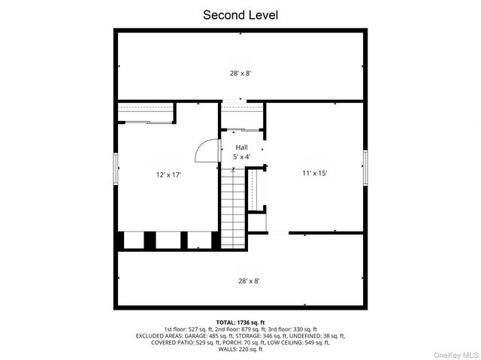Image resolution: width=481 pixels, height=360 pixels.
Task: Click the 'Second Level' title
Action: point(240,14)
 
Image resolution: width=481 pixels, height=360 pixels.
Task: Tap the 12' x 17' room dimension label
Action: point(168,174)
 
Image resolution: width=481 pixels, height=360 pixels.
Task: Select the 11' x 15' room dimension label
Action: point(314,173)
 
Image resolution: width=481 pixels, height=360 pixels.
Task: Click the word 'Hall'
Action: point(241,147)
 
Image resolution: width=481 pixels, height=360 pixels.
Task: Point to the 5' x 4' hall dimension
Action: point(241,156)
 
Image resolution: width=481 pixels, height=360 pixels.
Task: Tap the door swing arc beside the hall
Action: point(205,151)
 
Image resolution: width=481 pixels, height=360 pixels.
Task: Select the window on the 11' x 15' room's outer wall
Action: point(366,167)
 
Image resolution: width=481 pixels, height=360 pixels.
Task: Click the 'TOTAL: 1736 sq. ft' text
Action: point(240,322)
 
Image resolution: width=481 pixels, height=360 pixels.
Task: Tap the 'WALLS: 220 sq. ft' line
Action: point(240,349)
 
